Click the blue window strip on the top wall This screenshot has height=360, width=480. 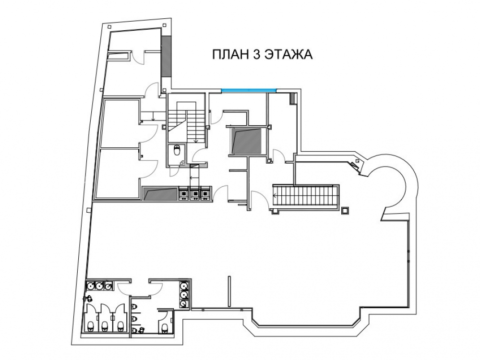click(x=248, y=90)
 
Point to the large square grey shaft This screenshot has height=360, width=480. click(x=247, y=141)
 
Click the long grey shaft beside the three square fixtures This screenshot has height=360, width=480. click(x=160, y=194)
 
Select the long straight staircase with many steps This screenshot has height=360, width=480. click(x=305, y=195)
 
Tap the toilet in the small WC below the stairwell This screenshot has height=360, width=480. click(x=177, y=151)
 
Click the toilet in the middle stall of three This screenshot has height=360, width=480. click(x=104, y=326)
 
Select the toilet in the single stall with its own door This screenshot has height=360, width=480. click(x=164, y=328)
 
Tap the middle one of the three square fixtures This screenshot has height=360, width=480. click(x=194, y=194)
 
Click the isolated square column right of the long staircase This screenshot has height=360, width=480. click(x=345, y=210)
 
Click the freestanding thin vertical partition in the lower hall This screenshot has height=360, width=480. click(x=228, y=291)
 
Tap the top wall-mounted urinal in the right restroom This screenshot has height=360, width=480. click(x=134, y=307)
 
